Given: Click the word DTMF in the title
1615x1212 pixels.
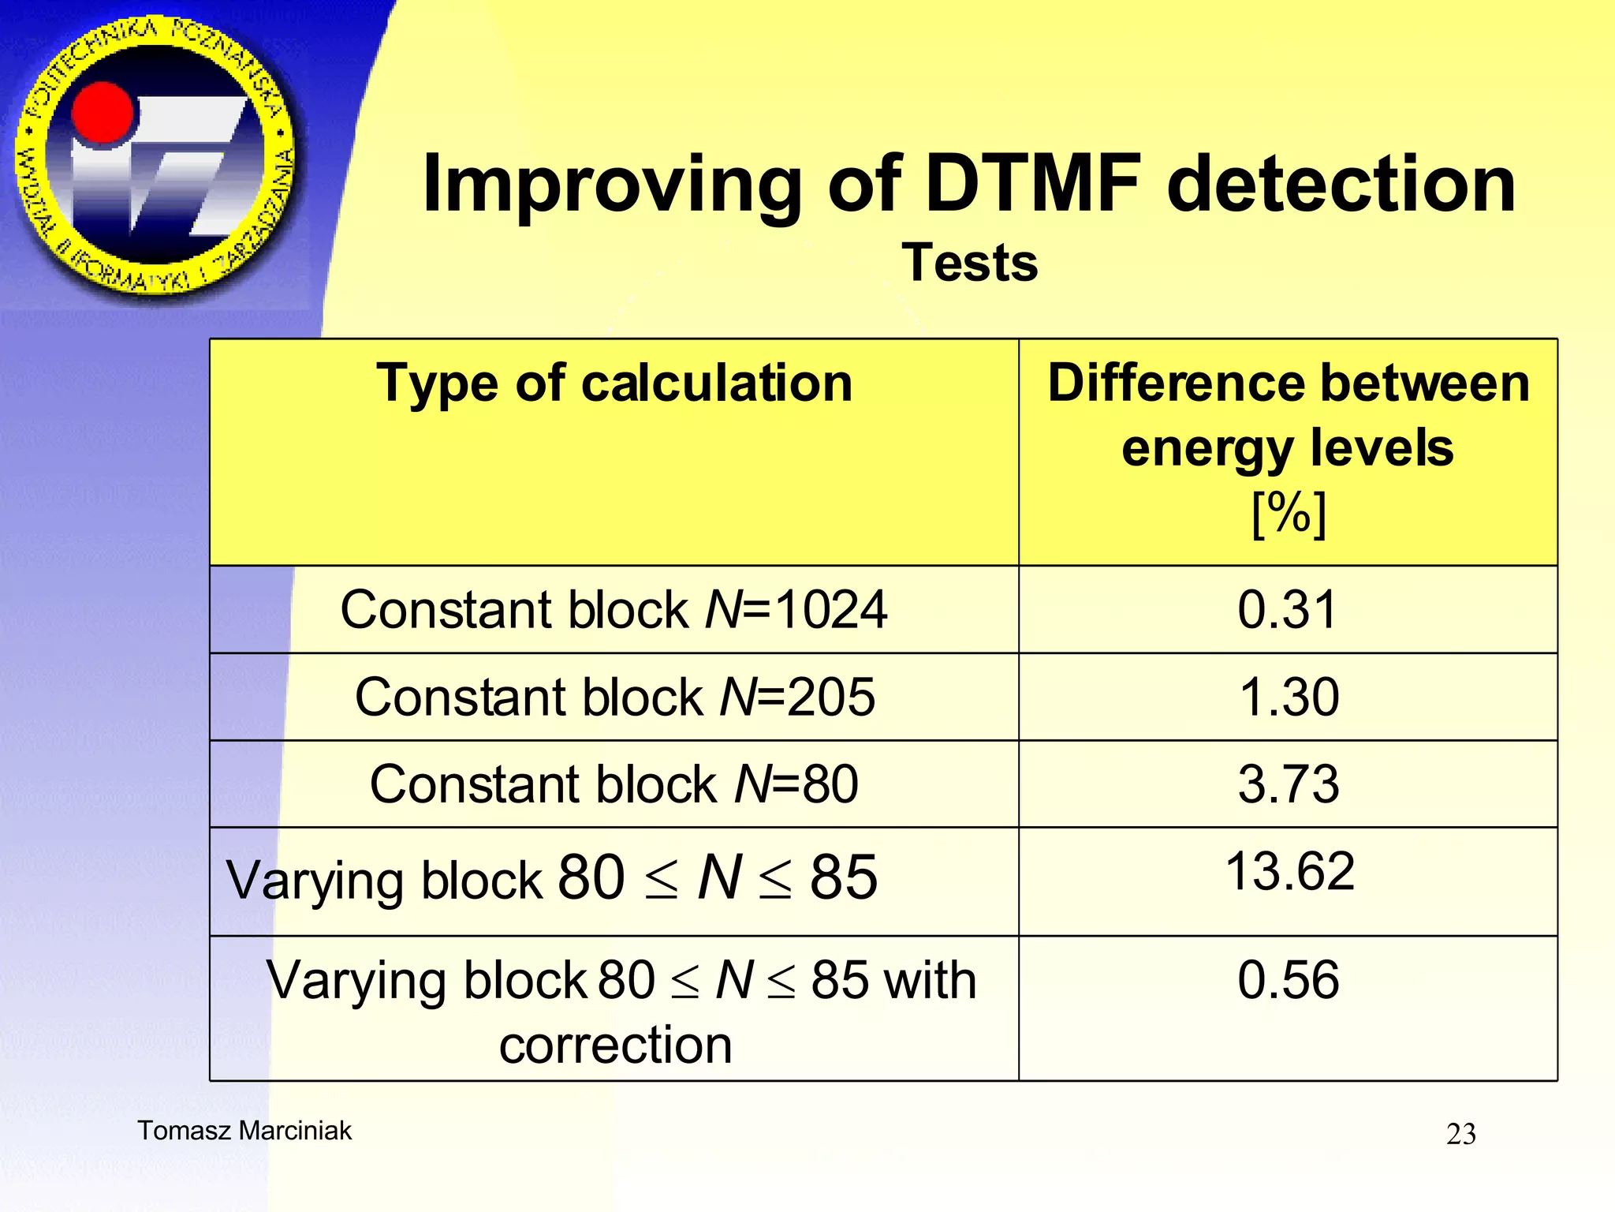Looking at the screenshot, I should pyautogui.click(x=1033, y=184).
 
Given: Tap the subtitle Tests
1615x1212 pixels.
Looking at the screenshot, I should pyautogui.click(x=970, y=263).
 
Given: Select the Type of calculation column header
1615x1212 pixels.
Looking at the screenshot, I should pyautogui.click(x=614, y=384).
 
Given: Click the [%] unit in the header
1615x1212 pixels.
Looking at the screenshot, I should pyautogui.click(x=1289, y=514).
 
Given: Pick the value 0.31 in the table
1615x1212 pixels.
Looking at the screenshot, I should pyautogui.click(x=1288, y=610).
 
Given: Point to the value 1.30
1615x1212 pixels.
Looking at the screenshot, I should pyautogui.click(x=1289, y=698).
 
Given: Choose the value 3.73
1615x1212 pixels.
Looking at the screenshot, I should pyautogui.click(x=1289, y=784).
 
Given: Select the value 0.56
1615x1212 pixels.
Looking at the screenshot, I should pyautogui.click(x=1289, y=980).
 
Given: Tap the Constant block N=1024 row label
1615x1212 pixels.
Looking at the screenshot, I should pyautogui.click(x=614, y=610).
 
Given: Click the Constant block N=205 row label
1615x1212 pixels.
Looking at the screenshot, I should pyautogui.click(x=614, y=698).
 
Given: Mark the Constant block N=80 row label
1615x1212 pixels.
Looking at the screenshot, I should pyautogui.click(x=614, y=784).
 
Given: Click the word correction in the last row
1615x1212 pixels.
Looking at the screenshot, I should pyautogui.click(x=615, y=1046).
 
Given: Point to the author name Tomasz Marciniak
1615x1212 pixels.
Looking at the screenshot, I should pyautogui.click(x=244, y=1131).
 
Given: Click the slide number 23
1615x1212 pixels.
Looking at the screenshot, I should pyautogui.click(x=1460, y=1135).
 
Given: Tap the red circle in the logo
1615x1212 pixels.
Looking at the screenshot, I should pyautogui.click(x=103, y=115).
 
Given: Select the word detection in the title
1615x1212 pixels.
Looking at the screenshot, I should pyautogui.click(x=1341, y=184).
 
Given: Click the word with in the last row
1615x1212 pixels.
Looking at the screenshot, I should pyautogui.click(x=931, y=981).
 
